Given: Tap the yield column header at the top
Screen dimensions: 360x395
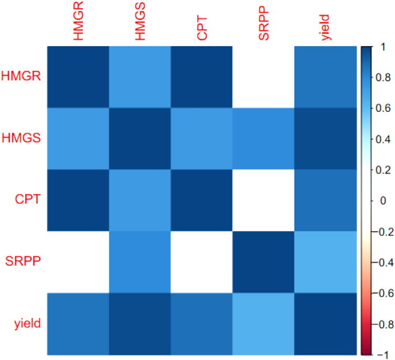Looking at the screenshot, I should (x=326, y=28).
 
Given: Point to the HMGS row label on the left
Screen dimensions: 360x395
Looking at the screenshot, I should (x=21, y=138).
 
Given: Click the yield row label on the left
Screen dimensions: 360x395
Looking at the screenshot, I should (x=28, y=323).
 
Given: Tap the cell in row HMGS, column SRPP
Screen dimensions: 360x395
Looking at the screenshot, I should (x=264, y=138).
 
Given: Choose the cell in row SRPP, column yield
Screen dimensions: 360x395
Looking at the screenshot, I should (x=325, y=262).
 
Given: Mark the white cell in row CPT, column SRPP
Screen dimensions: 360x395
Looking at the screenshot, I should (x=264, y=200).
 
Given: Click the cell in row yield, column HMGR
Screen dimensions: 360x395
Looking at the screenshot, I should (x=78, y=324).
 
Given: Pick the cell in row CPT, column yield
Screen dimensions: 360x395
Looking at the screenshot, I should (x=325, y=200).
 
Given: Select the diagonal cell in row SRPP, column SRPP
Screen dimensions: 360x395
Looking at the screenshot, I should (x=264, y=262).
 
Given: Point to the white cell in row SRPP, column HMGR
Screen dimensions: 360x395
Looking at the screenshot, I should (x=78, y=262).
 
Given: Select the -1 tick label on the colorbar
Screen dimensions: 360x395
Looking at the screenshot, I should (x=380, y=354).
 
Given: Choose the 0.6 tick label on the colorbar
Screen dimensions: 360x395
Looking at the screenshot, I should (x=381, y=108).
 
